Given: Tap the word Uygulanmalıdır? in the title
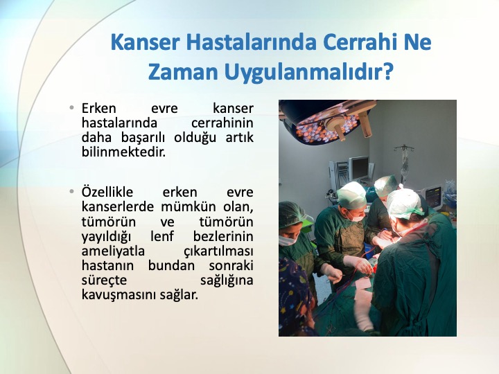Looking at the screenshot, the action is [x=308, y=73].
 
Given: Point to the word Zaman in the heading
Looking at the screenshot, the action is [x=183, y=72].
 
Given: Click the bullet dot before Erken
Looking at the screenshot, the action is [x=71, y=107].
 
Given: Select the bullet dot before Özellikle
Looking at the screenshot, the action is [x=71, y=191].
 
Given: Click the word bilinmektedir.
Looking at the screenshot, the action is [x=124, y=152].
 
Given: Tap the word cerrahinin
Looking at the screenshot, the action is [x=222, y=123].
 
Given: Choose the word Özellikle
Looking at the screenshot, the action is [x=107, y=192].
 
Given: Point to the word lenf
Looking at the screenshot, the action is [x=162, y=236].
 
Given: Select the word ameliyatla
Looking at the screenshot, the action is [x=113, y=251].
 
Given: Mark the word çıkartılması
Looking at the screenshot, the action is [x=218, y=251].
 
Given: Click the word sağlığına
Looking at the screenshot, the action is [x=227, y=280].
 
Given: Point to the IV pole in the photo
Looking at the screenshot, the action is [x=404, y=162].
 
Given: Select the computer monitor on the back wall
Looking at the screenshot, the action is [x=360, y=168].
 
